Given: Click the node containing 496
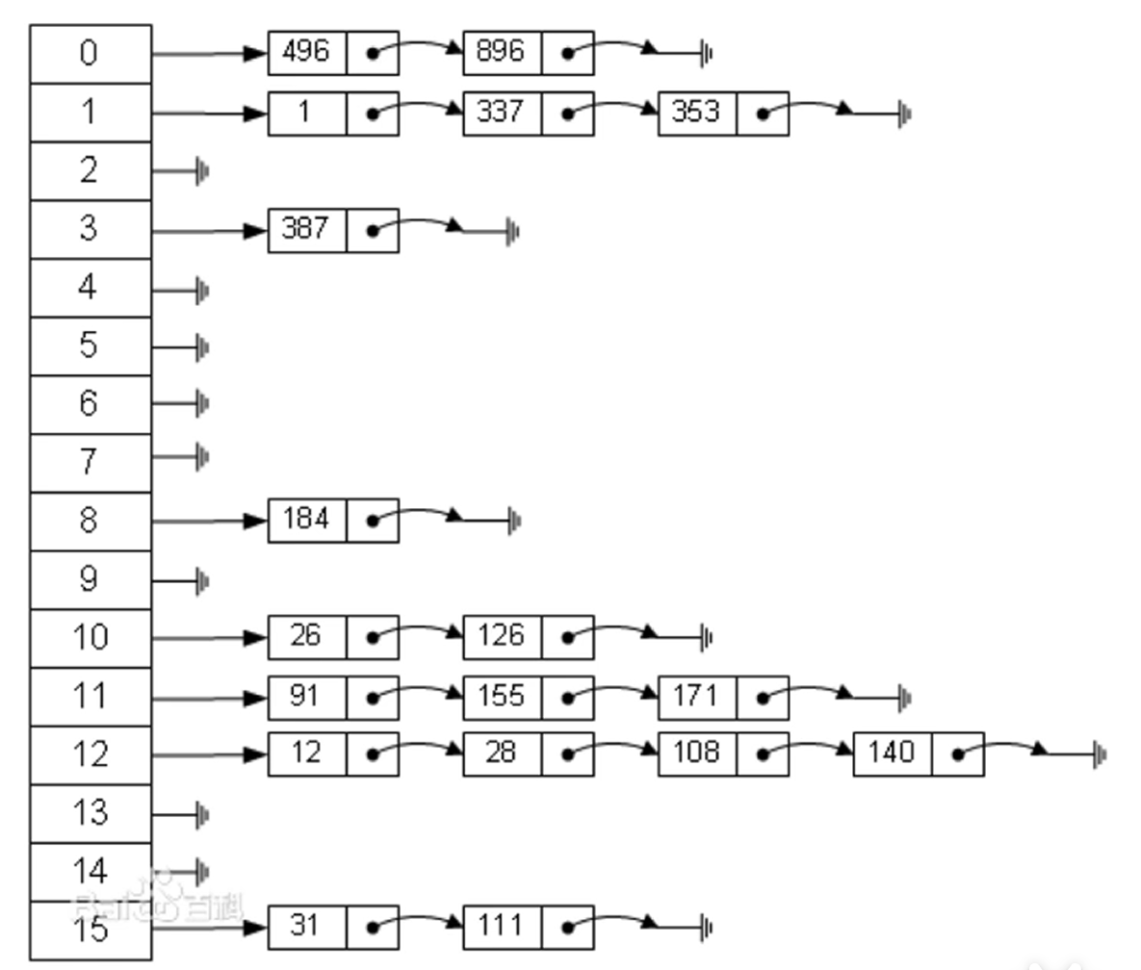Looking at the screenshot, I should pos(306,52).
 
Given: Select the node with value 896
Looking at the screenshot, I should pos(502,52).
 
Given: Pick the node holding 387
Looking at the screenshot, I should pos(306,230).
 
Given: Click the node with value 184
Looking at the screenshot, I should pos(306,521).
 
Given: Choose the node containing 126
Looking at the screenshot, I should pos(502,637).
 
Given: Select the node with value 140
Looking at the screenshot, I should pos(893,753).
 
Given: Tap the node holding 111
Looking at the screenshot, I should pos(502,927).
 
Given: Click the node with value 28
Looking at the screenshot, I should pos(502,753).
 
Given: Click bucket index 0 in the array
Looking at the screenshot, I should pos(90,54).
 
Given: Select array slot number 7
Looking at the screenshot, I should pos(90,463).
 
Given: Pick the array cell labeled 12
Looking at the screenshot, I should pos(90,755).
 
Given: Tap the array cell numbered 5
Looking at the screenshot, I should pos(90,346).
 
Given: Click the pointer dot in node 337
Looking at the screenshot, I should pos(568,115).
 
